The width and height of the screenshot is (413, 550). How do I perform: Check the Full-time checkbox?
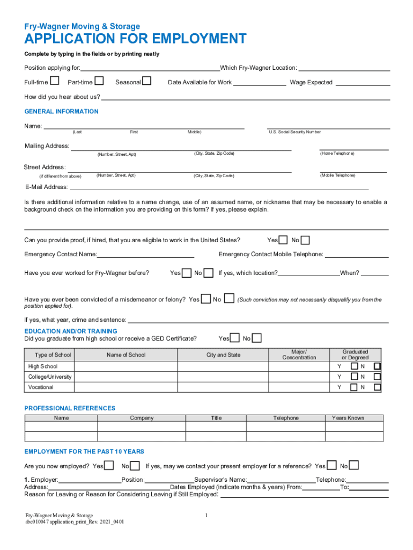(x=54, y=81)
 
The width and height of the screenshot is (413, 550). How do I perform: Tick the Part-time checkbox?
(x=99, y=81)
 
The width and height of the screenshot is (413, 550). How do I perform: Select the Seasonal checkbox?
(x=146, y=81)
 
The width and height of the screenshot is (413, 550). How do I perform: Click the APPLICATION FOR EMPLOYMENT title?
(x=135, y=39)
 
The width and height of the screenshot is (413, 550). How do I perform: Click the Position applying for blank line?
(x=150, y=69)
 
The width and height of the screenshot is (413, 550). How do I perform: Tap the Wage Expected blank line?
(x=363, y=83)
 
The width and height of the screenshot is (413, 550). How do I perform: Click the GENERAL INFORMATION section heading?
(x=62, y=112)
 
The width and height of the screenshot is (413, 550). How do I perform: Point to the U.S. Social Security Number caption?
(x=295, y=132)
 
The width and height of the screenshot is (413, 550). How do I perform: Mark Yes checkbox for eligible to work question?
(x=283, y=240)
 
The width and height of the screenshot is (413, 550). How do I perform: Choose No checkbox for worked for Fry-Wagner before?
(x=209, y=273)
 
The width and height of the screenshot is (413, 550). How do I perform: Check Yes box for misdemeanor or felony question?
(x=205, y=299)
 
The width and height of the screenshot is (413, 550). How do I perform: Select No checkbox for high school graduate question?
(x=257, y=338)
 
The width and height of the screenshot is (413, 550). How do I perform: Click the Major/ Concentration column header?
(x=299, y=354)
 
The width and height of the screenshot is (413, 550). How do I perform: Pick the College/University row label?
(x=50, y=377)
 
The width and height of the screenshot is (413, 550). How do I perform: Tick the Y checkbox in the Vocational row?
(x=354, y=387)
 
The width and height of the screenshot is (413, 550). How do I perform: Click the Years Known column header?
(x=348, y=418)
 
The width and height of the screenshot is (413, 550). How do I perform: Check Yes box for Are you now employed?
(x=109, y=465)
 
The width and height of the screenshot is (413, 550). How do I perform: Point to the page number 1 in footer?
(x=206, y=516)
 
